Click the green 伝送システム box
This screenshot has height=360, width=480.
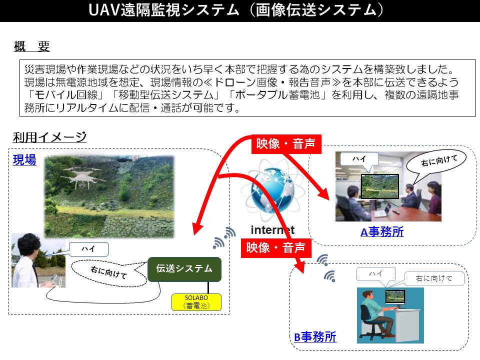coord(184,269)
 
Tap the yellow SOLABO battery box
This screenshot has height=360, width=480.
coord(196,302)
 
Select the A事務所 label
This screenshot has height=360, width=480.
coord(382,232)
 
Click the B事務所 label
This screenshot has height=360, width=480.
coord(315,337)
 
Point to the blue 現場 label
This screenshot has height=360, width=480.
coord(24,160)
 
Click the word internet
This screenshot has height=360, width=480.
coord(272,230)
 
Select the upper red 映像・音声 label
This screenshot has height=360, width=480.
coord(286,144)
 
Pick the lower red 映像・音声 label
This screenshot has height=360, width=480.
coord(276,247)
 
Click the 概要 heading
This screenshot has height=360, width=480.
coord(31,46)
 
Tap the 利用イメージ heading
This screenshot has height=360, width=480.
coord(49,137)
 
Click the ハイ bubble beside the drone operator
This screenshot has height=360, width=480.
coord(88,249)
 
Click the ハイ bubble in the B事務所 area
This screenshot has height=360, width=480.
coord(376,273)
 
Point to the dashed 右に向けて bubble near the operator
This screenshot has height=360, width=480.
coord(109,272)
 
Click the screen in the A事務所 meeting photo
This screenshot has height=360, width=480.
coord(380,186)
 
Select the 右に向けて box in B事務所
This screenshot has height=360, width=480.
coord(434,278)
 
